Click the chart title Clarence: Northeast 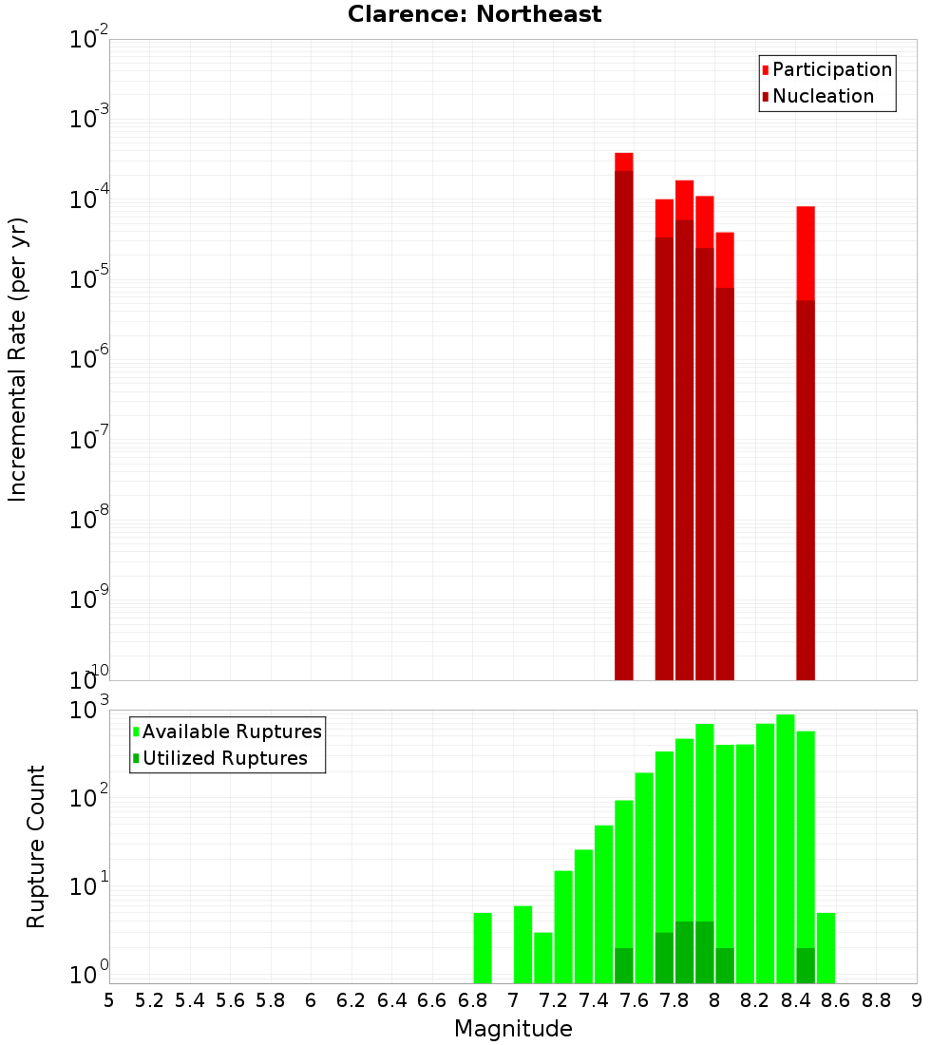474,14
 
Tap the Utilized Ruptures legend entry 224,758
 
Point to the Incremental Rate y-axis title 17,359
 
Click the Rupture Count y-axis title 36,845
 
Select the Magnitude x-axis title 513,1028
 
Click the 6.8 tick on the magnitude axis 472,999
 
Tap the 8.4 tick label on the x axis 795,999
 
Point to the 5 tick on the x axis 109,999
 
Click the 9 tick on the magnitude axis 917,999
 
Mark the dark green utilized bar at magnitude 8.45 806,965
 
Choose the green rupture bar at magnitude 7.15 543,958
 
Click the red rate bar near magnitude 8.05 725,456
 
